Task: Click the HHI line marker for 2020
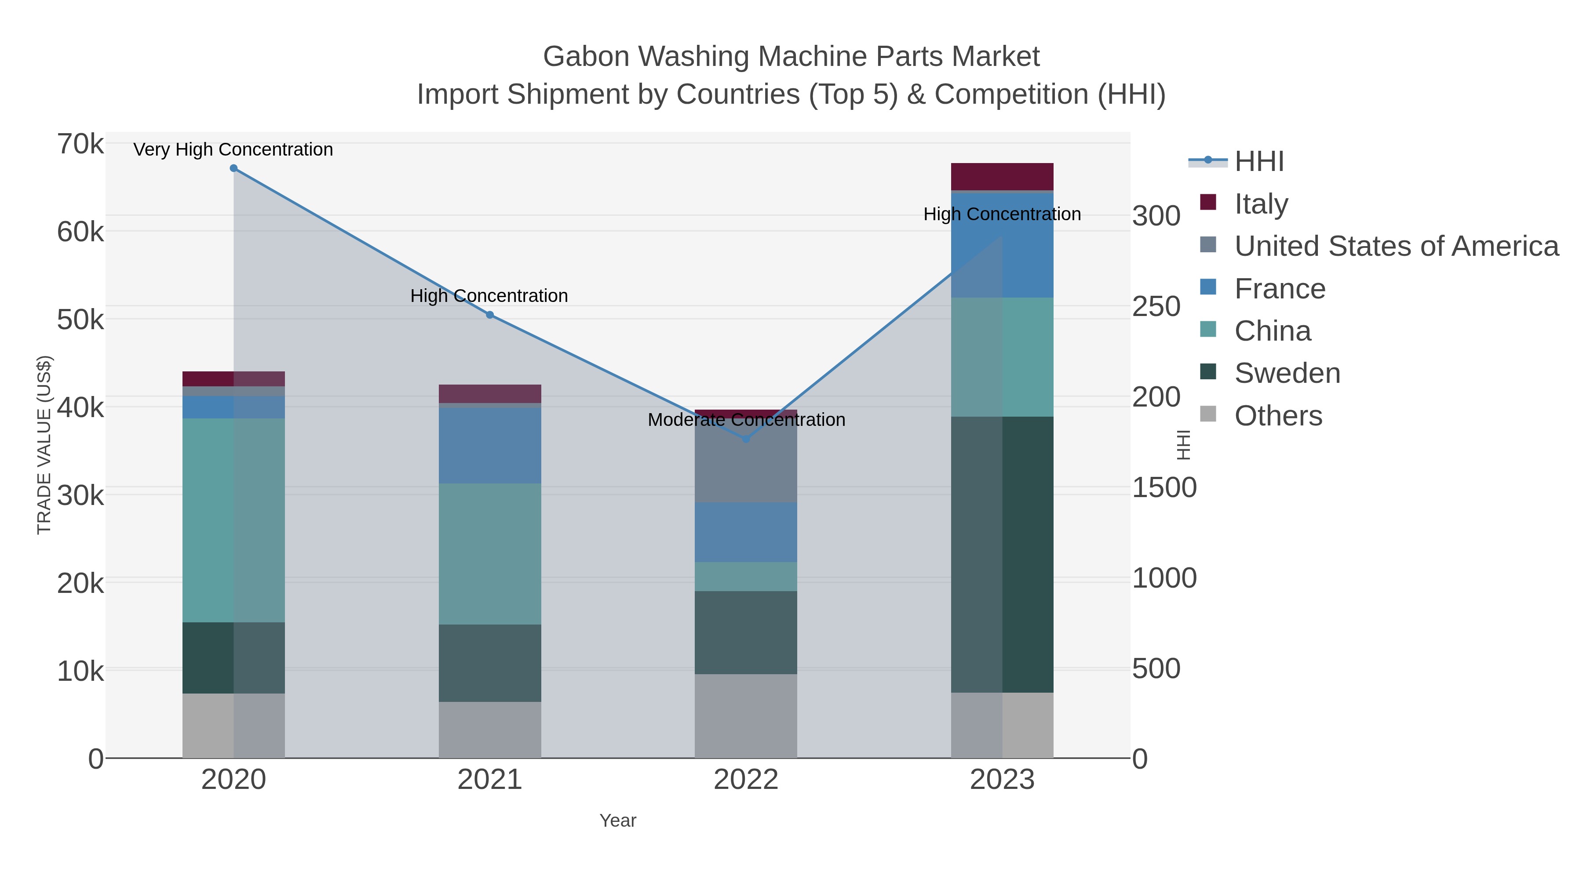click(233, 168)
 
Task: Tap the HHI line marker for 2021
click(490, 315)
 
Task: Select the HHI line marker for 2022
click(746, 439)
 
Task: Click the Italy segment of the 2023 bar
click(1002, 177)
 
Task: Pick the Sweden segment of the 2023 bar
click(1002, 554)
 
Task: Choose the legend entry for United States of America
click(1396, 246)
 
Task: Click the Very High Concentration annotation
click(233, 150)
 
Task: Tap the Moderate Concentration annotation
click(746, 420)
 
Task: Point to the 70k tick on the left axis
click(80, 145)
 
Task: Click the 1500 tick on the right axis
click(1164, 488)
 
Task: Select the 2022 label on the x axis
click(746, 780)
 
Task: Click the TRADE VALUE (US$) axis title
click(44, 445)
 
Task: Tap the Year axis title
click(618, 821)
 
